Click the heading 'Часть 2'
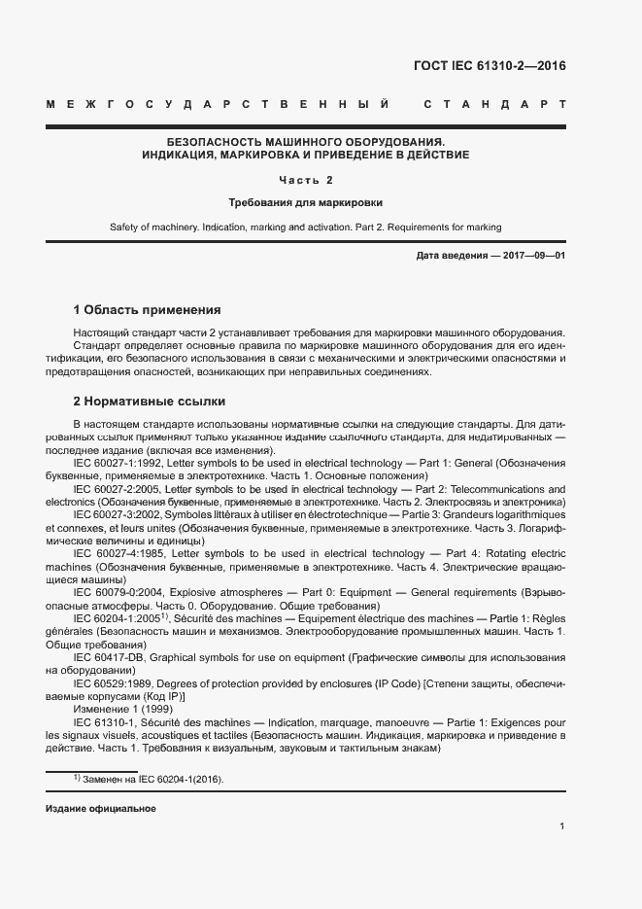[305, 180]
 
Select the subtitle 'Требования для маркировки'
[305, 203]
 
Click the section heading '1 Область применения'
[148, 310]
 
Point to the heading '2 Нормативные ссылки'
[150, 401]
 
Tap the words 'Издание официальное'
[101, 808]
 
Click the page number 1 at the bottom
[562, 826]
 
